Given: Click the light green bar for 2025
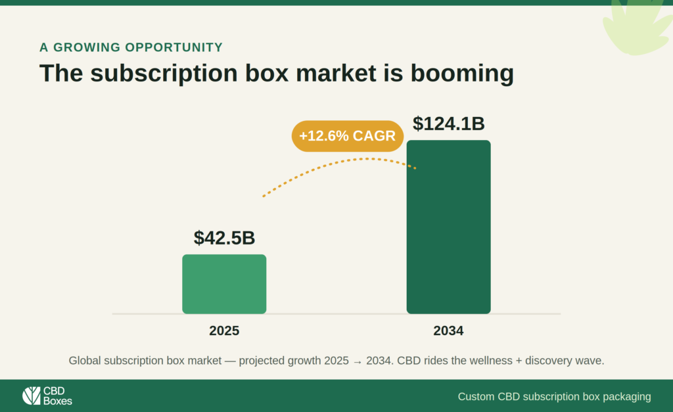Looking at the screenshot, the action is pos(224,284).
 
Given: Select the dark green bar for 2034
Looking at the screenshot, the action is pos(448,227).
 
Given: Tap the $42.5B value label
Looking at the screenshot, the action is pos(224,237).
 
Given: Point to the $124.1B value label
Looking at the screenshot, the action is pos(448,124).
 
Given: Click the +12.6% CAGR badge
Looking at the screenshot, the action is pos(347,136).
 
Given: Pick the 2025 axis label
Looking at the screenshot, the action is pos(224,331).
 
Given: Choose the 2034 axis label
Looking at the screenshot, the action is pos(448,331).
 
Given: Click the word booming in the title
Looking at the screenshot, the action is pos(462,74).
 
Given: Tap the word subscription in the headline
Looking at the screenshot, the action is pos(164,74).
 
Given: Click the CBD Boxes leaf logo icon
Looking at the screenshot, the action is pos(32,396).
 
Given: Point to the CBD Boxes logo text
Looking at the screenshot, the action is pos(58,396).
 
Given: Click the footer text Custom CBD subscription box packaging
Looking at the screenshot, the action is pos(554,396).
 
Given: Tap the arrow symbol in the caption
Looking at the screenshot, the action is pos(358,361).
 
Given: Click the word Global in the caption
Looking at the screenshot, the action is pos(85,361).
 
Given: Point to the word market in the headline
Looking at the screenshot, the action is pos(336,74).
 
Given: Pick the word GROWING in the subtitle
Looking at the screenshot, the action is pos(87,47).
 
